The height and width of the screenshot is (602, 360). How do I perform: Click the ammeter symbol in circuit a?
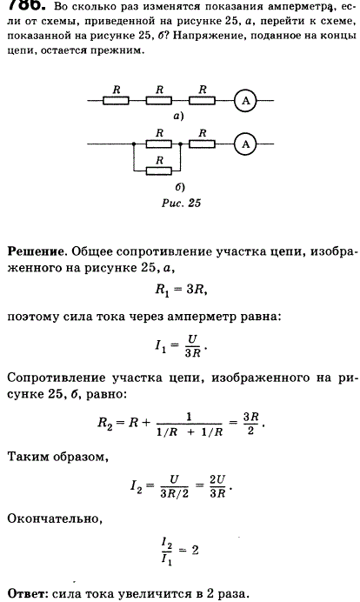point(245,101)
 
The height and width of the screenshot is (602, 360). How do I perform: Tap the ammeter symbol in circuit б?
point(245,144)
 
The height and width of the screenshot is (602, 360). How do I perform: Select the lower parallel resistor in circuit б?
point(159,170)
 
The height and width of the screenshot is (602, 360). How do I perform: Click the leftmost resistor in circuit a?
point(116,101)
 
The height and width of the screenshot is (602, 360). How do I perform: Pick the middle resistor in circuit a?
point(159,101)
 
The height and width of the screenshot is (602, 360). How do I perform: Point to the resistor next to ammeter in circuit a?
point(202,101)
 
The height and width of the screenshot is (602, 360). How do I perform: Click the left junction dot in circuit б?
point(134,144)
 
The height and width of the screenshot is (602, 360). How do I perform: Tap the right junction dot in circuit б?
point(180,144)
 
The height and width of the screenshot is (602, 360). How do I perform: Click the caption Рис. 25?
point(181,203)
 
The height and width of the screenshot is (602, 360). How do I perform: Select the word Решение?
point(36,251)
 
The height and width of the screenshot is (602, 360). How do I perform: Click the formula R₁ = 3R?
point(181,290)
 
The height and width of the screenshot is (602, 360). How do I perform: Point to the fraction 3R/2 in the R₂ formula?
point(251,423)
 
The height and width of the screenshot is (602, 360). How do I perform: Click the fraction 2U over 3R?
point(217,486)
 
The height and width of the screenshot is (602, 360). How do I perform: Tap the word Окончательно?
point(55,518)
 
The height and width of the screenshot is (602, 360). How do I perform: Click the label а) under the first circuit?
point(179,117)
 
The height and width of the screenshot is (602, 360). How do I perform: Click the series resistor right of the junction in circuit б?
point(202,144)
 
